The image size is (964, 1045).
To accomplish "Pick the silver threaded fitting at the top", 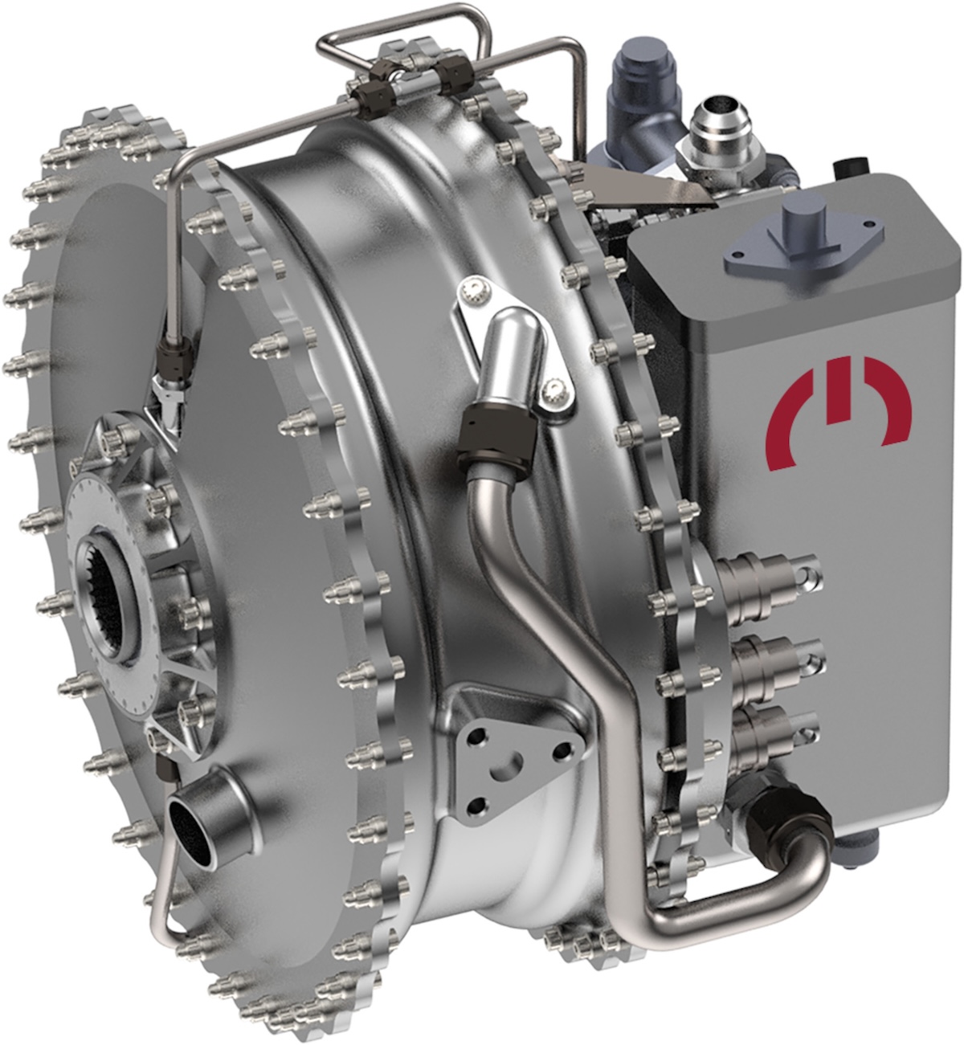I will click(x=712, y=129).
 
